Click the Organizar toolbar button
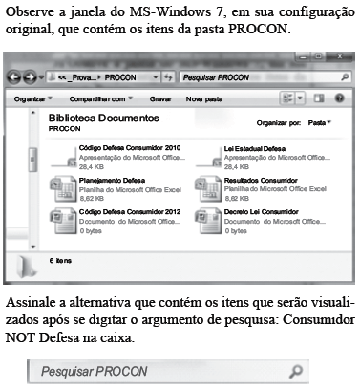(35, 97)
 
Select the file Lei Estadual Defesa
(256, 149)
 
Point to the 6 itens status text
(60, 259)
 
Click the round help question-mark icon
(340, 97)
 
